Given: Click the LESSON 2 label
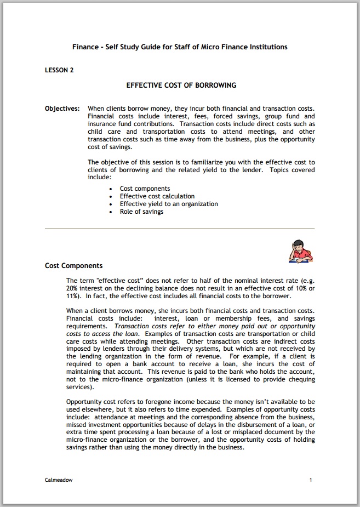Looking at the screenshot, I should (x=59, y=70).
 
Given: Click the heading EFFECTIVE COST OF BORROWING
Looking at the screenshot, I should (x=181, y=86).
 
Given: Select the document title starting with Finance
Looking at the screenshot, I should (x=180, y=47).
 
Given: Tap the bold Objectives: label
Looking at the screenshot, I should (x=62, y=109).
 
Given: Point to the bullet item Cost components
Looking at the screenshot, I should (x=145, y=189).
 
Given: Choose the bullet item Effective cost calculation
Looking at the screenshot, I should (x=157, y=196).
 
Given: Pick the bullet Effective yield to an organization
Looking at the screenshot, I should (x=169, y=204).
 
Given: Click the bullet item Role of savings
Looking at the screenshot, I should (x=141, y=212).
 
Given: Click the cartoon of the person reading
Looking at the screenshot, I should (x=300, y=252).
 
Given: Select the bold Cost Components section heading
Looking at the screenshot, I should (x=73, y=266).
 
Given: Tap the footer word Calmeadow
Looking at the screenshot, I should (x=59, y=480).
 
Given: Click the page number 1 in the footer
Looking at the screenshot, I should (x=311, y=480).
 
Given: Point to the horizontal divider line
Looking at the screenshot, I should (x=180, y=228).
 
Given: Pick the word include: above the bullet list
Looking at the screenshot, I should (x=99, y=178).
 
